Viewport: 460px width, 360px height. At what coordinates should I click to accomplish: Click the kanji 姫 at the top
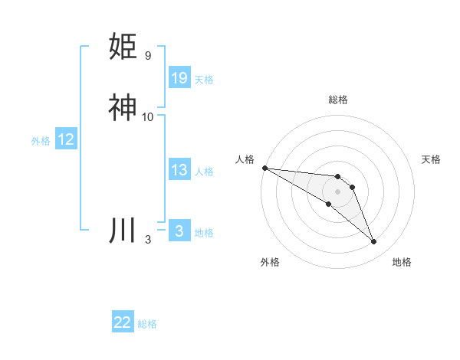[x=123, y=47]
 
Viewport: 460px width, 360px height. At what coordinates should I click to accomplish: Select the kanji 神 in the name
[x=123, y=108]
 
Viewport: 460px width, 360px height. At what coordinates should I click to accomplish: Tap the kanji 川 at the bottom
[x=123, y=231]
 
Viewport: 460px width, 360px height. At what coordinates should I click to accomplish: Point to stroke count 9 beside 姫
[x=147, y=56]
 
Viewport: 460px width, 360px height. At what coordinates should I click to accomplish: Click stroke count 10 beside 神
[x=148, y=117]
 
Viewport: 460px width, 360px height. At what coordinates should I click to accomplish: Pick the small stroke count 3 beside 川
[x=147, y=240]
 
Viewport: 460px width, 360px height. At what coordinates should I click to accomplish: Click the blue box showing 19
[x=179, y=78]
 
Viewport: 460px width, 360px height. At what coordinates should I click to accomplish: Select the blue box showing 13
[x=179, y=170]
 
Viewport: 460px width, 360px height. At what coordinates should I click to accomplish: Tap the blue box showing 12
[x=66, y=139]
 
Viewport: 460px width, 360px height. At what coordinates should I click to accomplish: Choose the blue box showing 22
[x=123, y=322]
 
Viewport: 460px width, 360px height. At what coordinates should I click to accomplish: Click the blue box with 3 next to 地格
[x=179, y=231]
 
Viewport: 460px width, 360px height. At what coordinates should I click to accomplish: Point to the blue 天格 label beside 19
[x=204, y=79]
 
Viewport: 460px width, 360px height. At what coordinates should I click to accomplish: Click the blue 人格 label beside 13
[x=204, y=171]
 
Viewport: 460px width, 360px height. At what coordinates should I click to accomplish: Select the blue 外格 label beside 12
[x=41, y=140]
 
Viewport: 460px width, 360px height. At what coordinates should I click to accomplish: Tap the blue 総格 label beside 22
[x=147, y=324]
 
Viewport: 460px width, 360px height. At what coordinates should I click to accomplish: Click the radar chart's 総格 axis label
[x=337, y=100]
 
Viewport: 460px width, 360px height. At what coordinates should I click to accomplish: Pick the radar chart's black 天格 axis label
[x=431, y=159]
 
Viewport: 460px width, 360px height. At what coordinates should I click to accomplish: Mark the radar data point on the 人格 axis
[x=264, y=168]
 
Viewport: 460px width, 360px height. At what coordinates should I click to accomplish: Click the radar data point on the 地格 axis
[x=374, y=242]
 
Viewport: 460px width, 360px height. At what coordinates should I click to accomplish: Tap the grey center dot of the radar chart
[x=337, y=191]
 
